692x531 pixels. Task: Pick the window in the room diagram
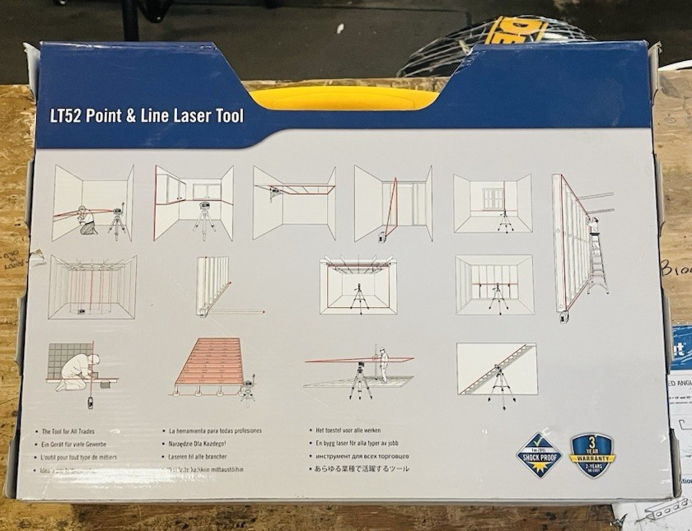coord(492,200)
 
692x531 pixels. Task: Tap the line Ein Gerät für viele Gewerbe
coord(80,444)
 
